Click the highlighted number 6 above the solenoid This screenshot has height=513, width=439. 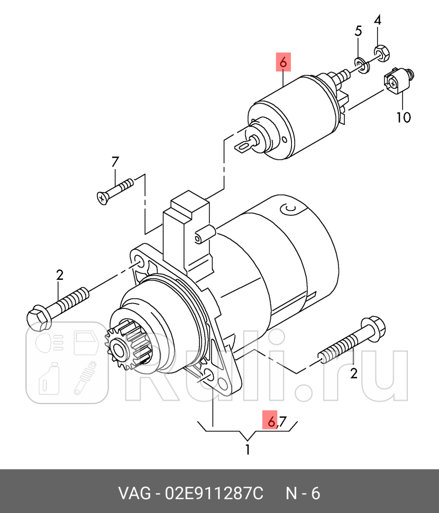point(283,62)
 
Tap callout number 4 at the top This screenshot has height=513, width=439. point(378,21)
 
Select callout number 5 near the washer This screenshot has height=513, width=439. point(358,31)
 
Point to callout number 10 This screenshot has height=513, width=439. point(403,116)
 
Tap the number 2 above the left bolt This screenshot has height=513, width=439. point(59,274)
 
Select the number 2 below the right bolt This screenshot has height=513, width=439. point(354,373)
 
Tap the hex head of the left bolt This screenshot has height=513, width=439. point(36,318)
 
